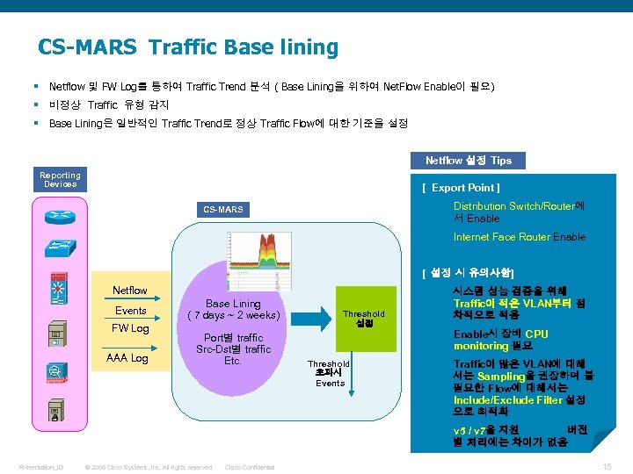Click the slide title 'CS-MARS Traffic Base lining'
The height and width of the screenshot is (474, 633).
coord(187,47)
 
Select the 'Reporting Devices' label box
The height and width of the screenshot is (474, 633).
coord(60,179)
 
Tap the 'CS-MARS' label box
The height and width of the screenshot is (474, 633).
coord(222,210)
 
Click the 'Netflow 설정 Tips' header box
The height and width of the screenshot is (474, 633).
coord(469,161)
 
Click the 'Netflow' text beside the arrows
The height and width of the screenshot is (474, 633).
coord(130,291)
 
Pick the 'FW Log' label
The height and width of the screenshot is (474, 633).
coord(129,328)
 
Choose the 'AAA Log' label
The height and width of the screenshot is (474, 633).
coord(127,358)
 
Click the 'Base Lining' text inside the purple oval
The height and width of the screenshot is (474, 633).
coord(233,304)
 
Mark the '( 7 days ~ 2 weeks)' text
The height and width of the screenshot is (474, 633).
coord(233,316)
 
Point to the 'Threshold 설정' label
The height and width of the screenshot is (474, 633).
coord(363,318)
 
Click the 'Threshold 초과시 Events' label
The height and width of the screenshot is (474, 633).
coord(329,373)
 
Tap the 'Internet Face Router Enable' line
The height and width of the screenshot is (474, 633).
coord(519,237)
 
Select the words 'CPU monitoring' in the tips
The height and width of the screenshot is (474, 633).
coord(500,340)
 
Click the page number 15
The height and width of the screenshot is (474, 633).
coord(607,466)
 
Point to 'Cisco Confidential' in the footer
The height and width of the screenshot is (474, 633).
coord(250,467)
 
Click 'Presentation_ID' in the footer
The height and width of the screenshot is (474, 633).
coord(40,467)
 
